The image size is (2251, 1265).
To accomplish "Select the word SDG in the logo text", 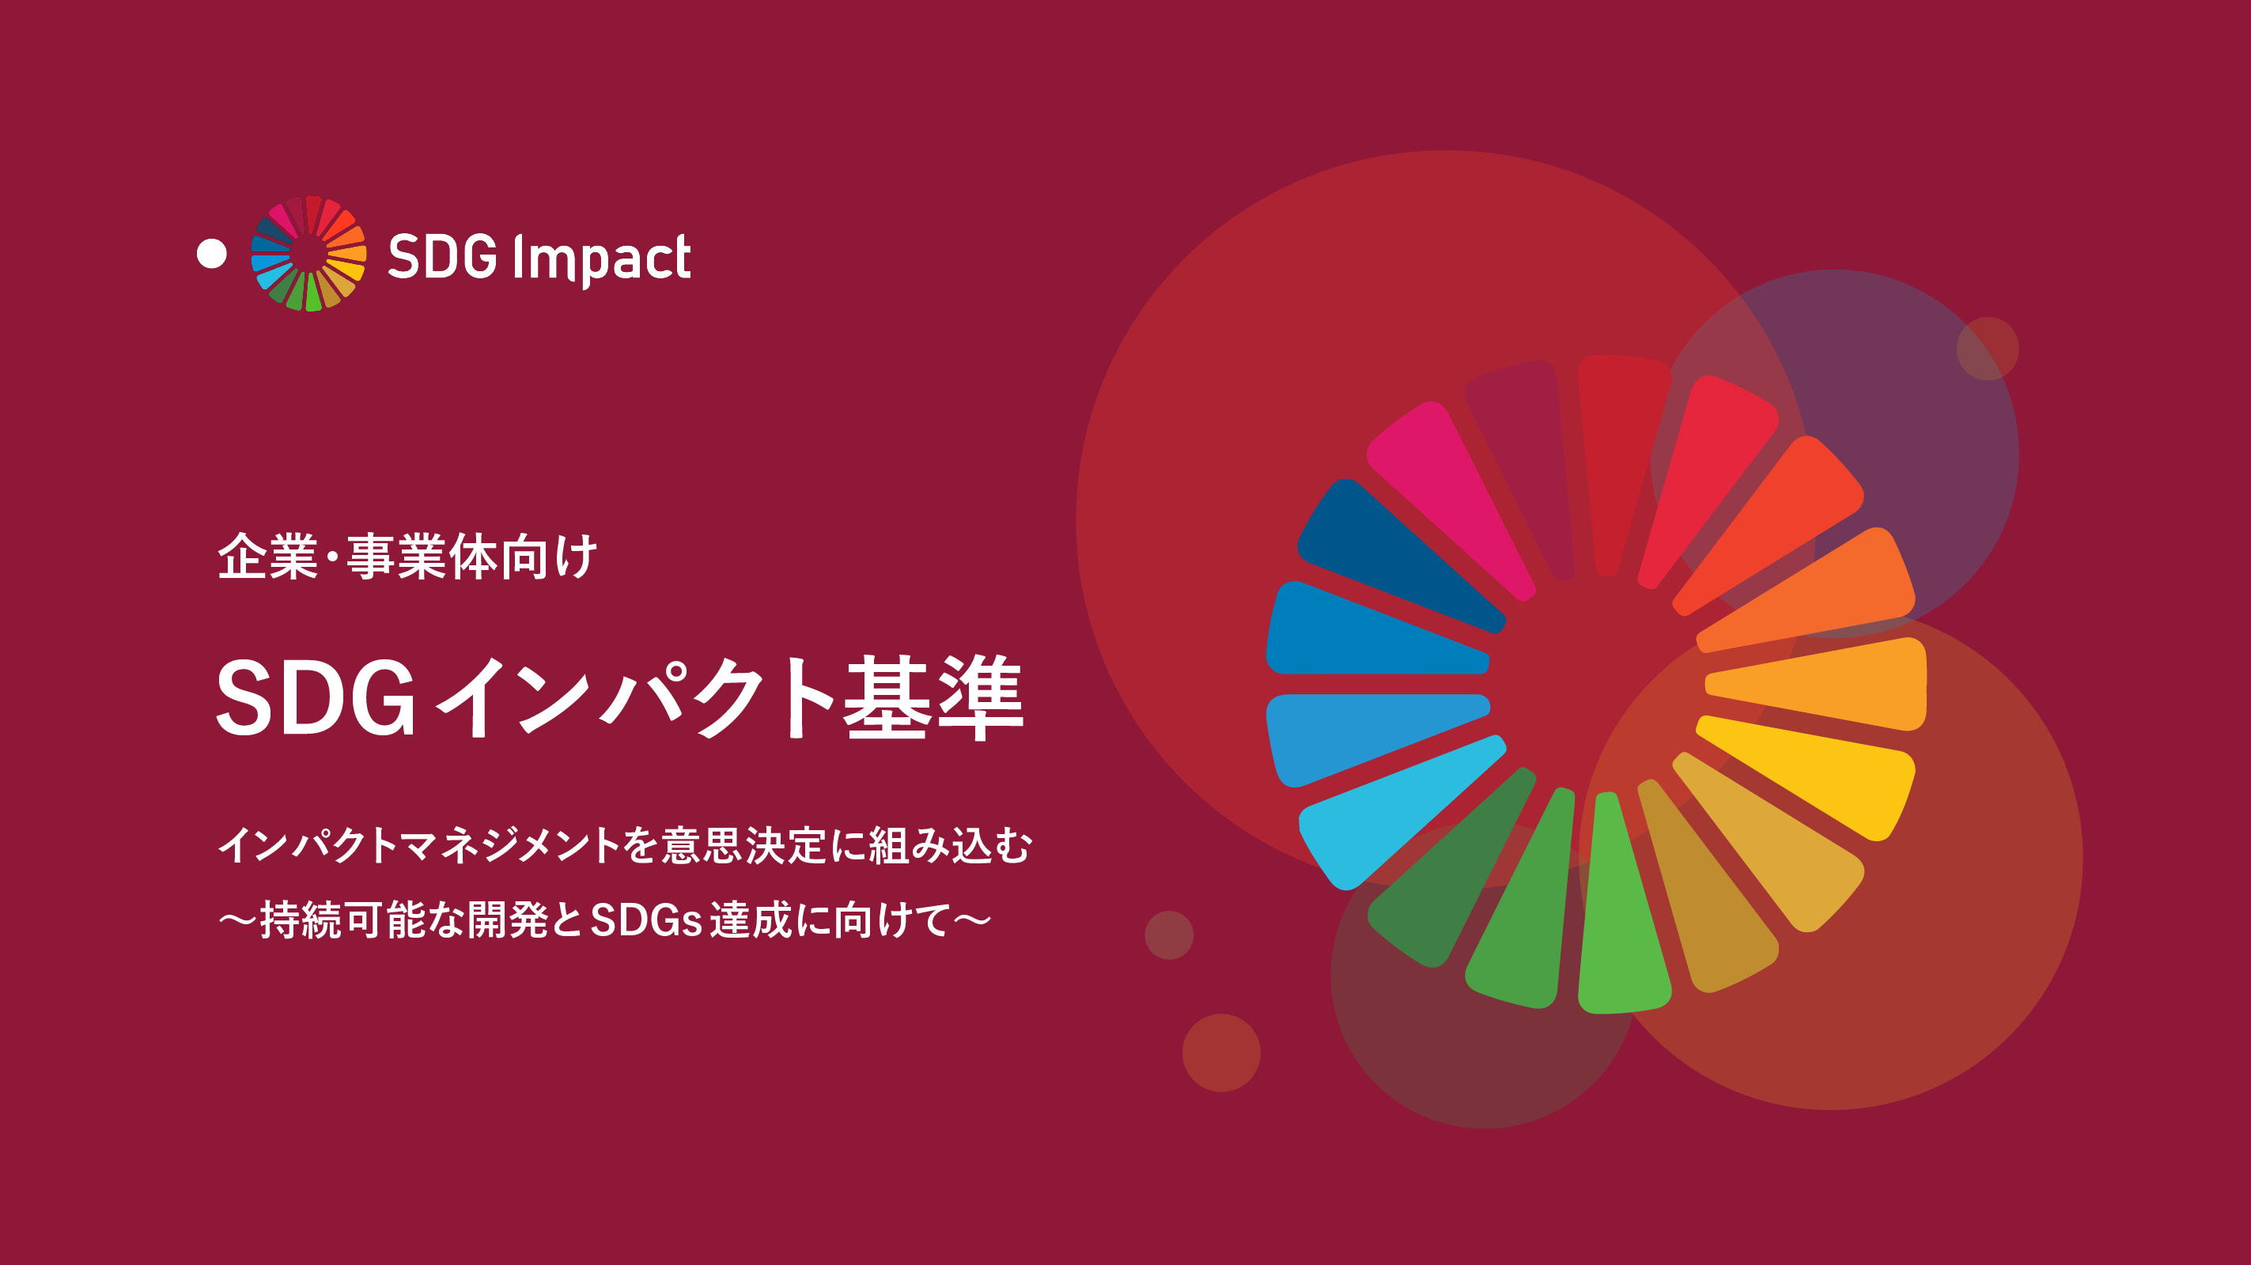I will click(442, 257).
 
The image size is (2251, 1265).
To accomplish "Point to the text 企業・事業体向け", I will click(407, 557).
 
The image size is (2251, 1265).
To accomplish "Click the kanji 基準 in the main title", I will click(933, 698).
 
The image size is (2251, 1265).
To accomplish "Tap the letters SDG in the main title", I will click(316, 698).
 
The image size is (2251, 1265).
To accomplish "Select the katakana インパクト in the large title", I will click(636, 698).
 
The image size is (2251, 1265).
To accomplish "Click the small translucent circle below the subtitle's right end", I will click(1169, 935).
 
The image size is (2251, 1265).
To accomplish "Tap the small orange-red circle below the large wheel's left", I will click(1220, 1052).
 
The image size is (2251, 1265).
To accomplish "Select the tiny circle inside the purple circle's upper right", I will click(1987, 349).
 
